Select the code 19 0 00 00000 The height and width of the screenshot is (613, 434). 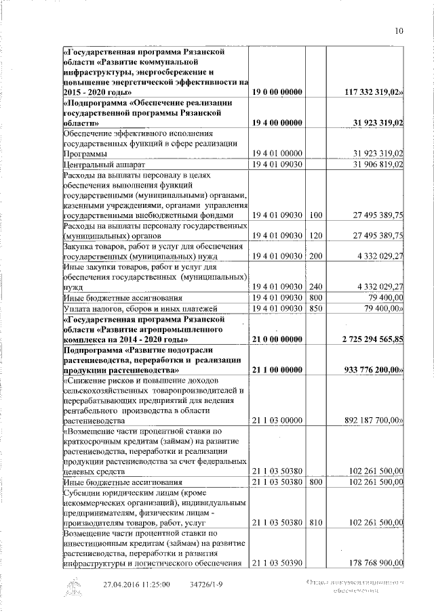[277, 91]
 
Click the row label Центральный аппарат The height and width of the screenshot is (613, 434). [102, 164]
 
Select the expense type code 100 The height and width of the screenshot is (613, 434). [315, 215]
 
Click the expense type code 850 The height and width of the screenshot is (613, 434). [315, 308]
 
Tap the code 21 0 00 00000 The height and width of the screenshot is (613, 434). [277, 338]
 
